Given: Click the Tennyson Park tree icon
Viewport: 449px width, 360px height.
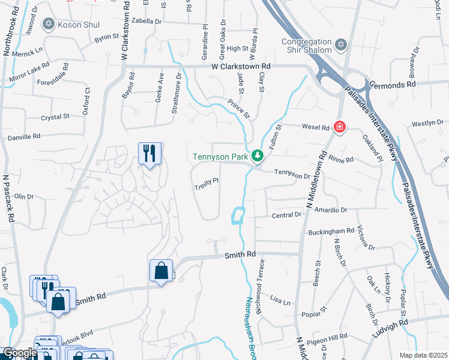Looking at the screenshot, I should coord(258,156).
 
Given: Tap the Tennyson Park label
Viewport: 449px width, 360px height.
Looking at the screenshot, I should coord(220,157).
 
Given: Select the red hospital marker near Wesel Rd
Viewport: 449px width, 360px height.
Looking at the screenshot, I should coord(340,127).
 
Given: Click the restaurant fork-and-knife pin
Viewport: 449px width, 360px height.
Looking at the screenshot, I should coord(149,153).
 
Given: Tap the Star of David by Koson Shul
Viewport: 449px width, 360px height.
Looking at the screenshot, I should coord(49,25).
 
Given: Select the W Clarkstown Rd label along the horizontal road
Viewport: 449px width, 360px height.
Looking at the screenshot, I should coord(241,66).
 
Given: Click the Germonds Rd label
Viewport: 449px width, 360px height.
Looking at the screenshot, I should coord(392,85).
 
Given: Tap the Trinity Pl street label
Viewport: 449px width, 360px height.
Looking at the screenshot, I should coord(205,183).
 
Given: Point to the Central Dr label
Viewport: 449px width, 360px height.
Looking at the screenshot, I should coord(286,215).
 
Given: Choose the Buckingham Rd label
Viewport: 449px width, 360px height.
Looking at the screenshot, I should coord(331,231).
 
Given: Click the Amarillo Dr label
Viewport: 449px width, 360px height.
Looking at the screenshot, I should coord(331,210).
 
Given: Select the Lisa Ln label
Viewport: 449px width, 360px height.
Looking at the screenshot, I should coord(280,298).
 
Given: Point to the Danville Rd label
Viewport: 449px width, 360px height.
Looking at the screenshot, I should coord(24,137).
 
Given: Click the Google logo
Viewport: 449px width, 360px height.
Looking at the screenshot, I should coord(19,353).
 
